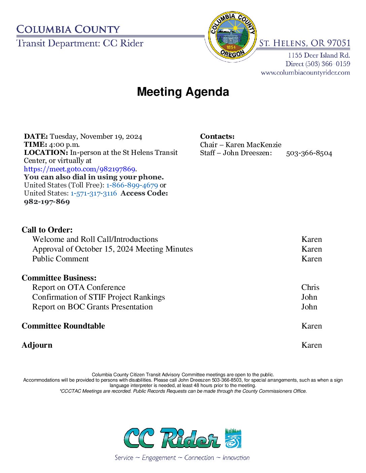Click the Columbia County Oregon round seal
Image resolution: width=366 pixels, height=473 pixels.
pos(232,36)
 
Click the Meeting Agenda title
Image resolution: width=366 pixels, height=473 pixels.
pos(183,92)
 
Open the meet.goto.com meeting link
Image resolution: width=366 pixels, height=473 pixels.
pos(80,169)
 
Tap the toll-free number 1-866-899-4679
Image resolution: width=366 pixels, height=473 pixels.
pos(132,185)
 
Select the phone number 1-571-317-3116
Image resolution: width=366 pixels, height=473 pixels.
pos(94,193)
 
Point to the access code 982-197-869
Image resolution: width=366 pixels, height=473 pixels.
pos(47,202)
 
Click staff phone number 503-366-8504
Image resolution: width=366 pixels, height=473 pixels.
pos(309,153)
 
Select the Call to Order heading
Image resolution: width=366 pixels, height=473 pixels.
pos(47,230)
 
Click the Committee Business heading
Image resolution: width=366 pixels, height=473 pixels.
pos(59,278)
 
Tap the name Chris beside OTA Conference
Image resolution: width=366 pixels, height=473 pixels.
pos(310,287)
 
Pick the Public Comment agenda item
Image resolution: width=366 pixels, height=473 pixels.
pos(61,259)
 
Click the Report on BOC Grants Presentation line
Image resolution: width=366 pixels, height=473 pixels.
pos(93,307)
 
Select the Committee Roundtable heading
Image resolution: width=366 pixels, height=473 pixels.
pos(63,326)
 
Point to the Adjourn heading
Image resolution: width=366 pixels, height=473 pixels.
pos(37,345)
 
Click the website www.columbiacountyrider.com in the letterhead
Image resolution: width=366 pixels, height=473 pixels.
pos(305,73)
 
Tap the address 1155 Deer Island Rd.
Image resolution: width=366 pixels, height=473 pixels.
pos(319,55)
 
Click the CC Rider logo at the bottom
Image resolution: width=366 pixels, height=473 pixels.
pos(183,438)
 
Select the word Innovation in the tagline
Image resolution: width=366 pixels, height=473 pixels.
pos(236,458)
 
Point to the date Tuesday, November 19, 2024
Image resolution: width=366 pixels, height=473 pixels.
pos(96,136)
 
